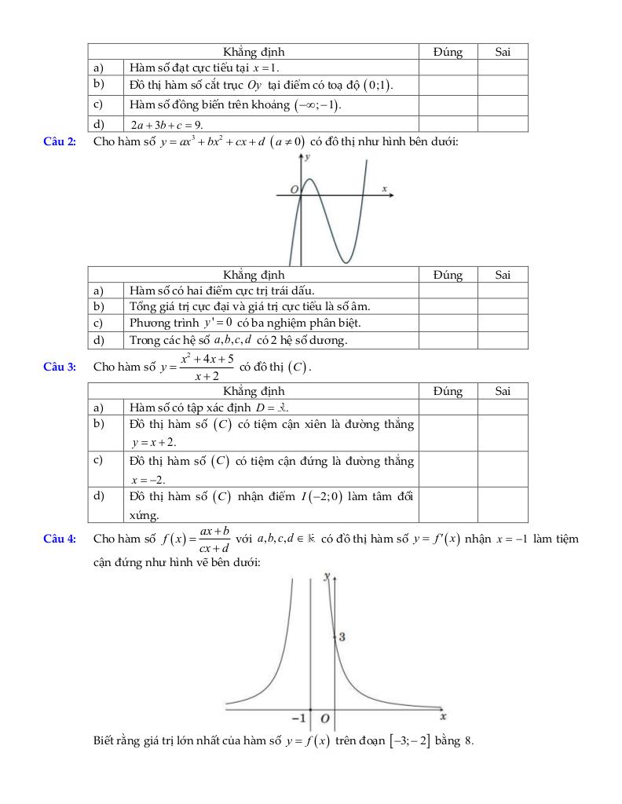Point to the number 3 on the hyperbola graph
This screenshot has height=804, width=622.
click(342, 637)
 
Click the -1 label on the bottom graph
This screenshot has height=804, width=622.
click(298, 718)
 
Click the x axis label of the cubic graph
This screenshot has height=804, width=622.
click(385, 188)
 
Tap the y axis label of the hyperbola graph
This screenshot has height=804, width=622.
click(327, 576)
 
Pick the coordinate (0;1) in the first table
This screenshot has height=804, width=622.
click(376, 86)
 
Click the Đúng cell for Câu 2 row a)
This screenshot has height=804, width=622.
click(448, 291)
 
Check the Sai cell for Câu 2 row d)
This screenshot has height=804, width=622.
click(503, 340)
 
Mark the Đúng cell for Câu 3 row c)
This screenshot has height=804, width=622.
click(448, 469)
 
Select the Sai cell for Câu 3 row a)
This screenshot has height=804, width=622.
click(503, 407)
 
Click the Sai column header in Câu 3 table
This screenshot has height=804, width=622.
click(503, 390)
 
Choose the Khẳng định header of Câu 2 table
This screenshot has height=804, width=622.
click(254, 275)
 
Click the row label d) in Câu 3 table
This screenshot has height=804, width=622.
click(99, 495)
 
